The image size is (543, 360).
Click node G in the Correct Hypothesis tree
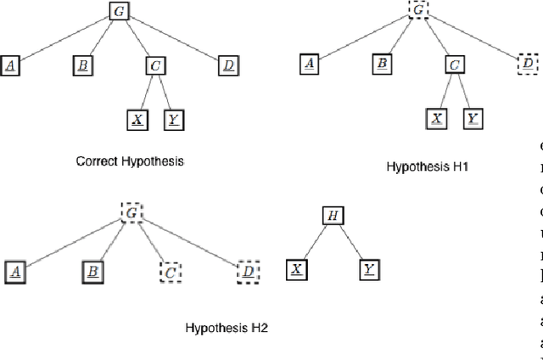pyautogui.click(x=118, y=11)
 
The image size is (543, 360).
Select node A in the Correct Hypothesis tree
pyautogui.click(x=12, y=65)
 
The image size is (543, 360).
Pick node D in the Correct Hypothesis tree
pyautogui.click(x=227, y=65)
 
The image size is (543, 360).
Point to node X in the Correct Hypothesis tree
pyautogui.click(x=137, y=119)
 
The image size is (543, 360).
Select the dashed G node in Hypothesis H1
pyautogui.click(x=419, y=11)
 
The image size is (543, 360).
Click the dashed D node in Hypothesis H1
pyautogui.click(x=527, y=64)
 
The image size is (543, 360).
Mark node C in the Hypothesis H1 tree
pyautogui.click(x=454, y=64)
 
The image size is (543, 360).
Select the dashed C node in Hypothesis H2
pyautogui.click(x=172, y=272)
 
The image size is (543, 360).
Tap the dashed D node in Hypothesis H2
pyautogui.click(x=247, y=272)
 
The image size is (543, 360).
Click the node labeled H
pyautogui.click(x=333, y=217)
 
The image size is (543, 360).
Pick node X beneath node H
pyautogui.click(x=296, y=271)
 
